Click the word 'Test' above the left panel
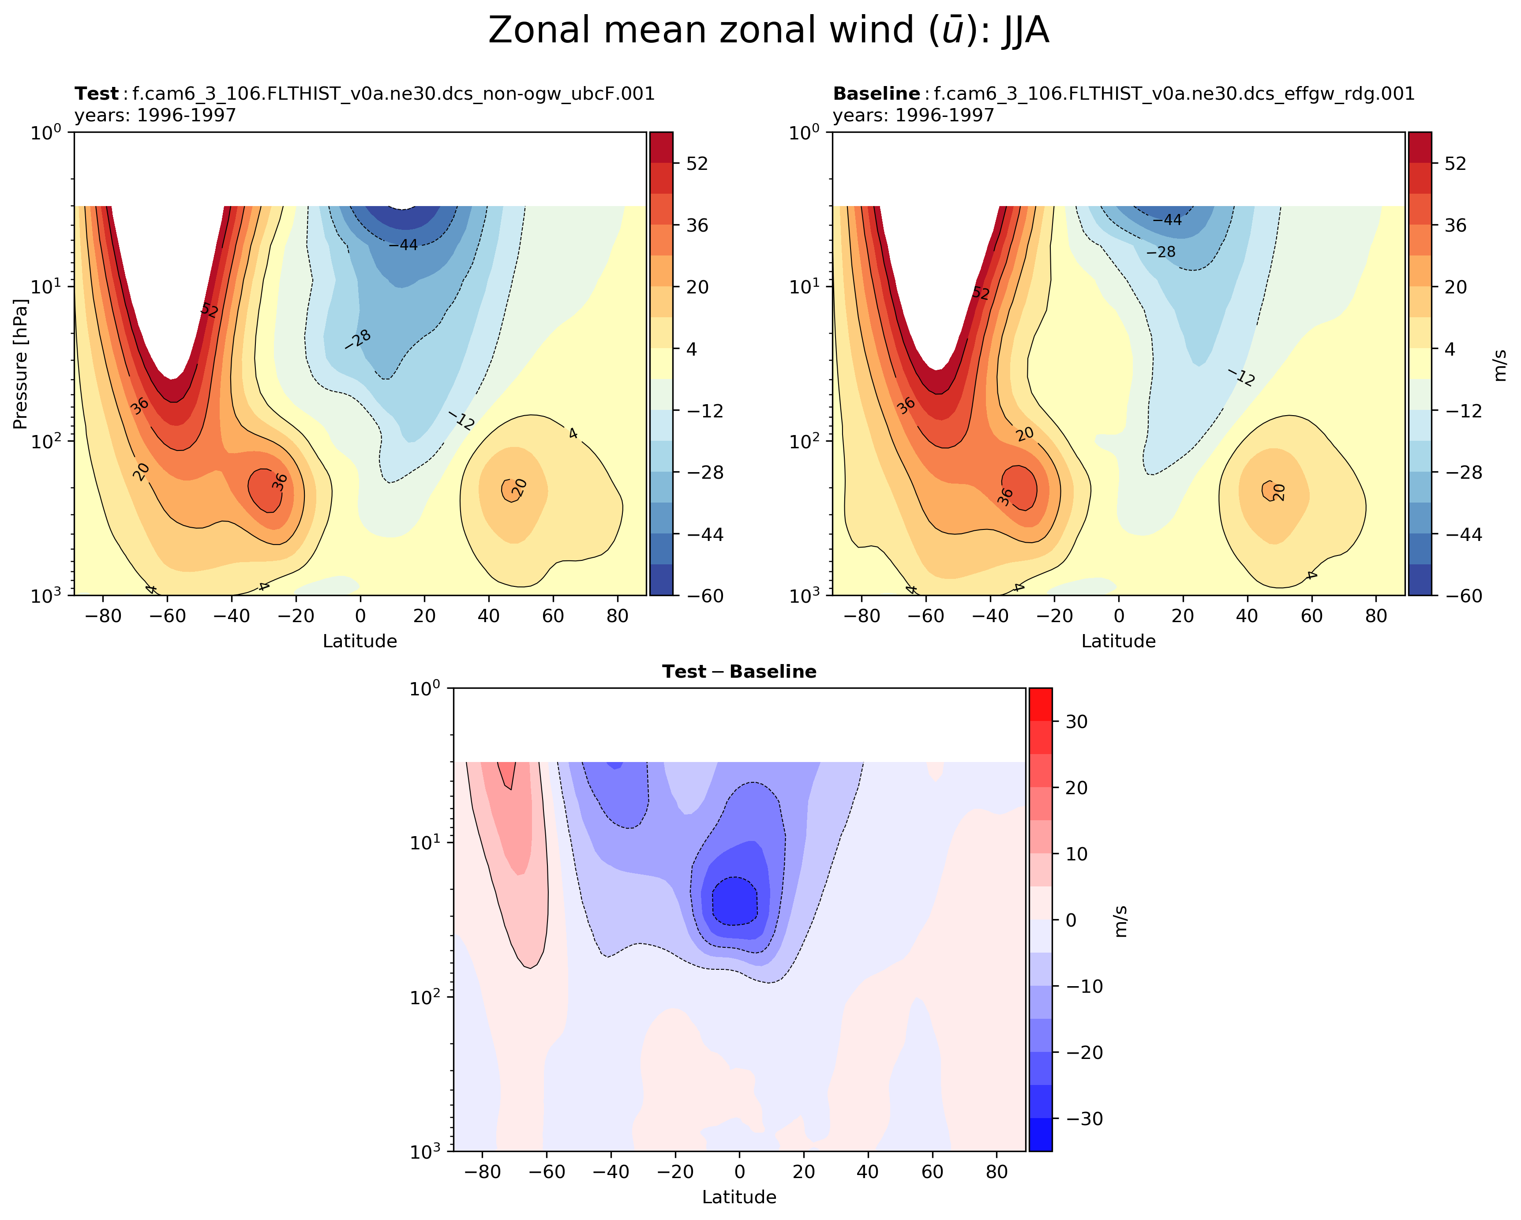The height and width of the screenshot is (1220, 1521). tap(97, 94)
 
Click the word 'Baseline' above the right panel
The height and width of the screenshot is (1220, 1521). tap(876, 94)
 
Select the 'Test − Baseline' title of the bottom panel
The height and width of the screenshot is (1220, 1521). tap(738, 672)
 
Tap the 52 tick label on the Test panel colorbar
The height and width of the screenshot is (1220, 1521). tap(697, 164)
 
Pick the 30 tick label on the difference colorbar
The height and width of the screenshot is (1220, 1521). tap(1076, 722)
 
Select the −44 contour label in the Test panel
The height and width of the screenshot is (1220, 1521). tap(404, 245)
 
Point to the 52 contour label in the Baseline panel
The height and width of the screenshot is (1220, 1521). tap(981, 293)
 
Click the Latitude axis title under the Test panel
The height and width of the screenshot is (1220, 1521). tap(360, 642)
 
